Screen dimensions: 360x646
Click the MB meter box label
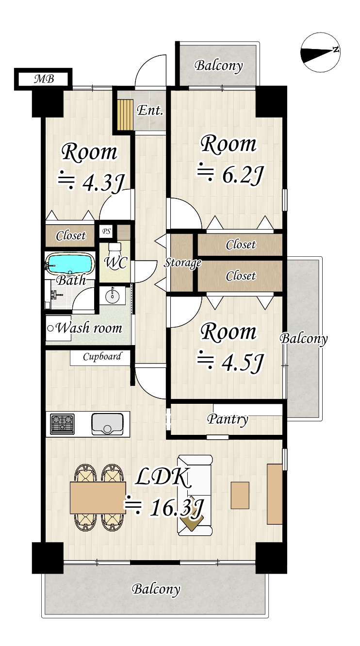click(x=44, y=79)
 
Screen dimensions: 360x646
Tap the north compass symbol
click(x=320, y=52)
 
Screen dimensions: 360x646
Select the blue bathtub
click(x=70, y=264)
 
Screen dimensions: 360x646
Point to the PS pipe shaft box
click(x=106, y=232)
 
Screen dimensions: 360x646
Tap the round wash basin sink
click(x=113, y=296)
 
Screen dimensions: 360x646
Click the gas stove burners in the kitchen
click(x=62, y=424)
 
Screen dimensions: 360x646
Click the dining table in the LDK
click(x=98, y=498)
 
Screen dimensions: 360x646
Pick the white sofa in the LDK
click(x=195, y=495)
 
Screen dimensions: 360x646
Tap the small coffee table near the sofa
click(x=240, y=495)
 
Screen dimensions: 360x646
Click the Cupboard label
click(x=102, y=357)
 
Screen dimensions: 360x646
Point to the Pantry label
click(x=228, y=419)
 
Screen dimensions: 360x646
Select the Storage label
click(x=182, y=263)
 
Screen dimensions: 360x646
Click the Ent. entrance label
click(x=150, y=110)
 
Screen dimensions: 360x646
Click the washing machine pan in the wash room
click(x=58, y=329)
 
